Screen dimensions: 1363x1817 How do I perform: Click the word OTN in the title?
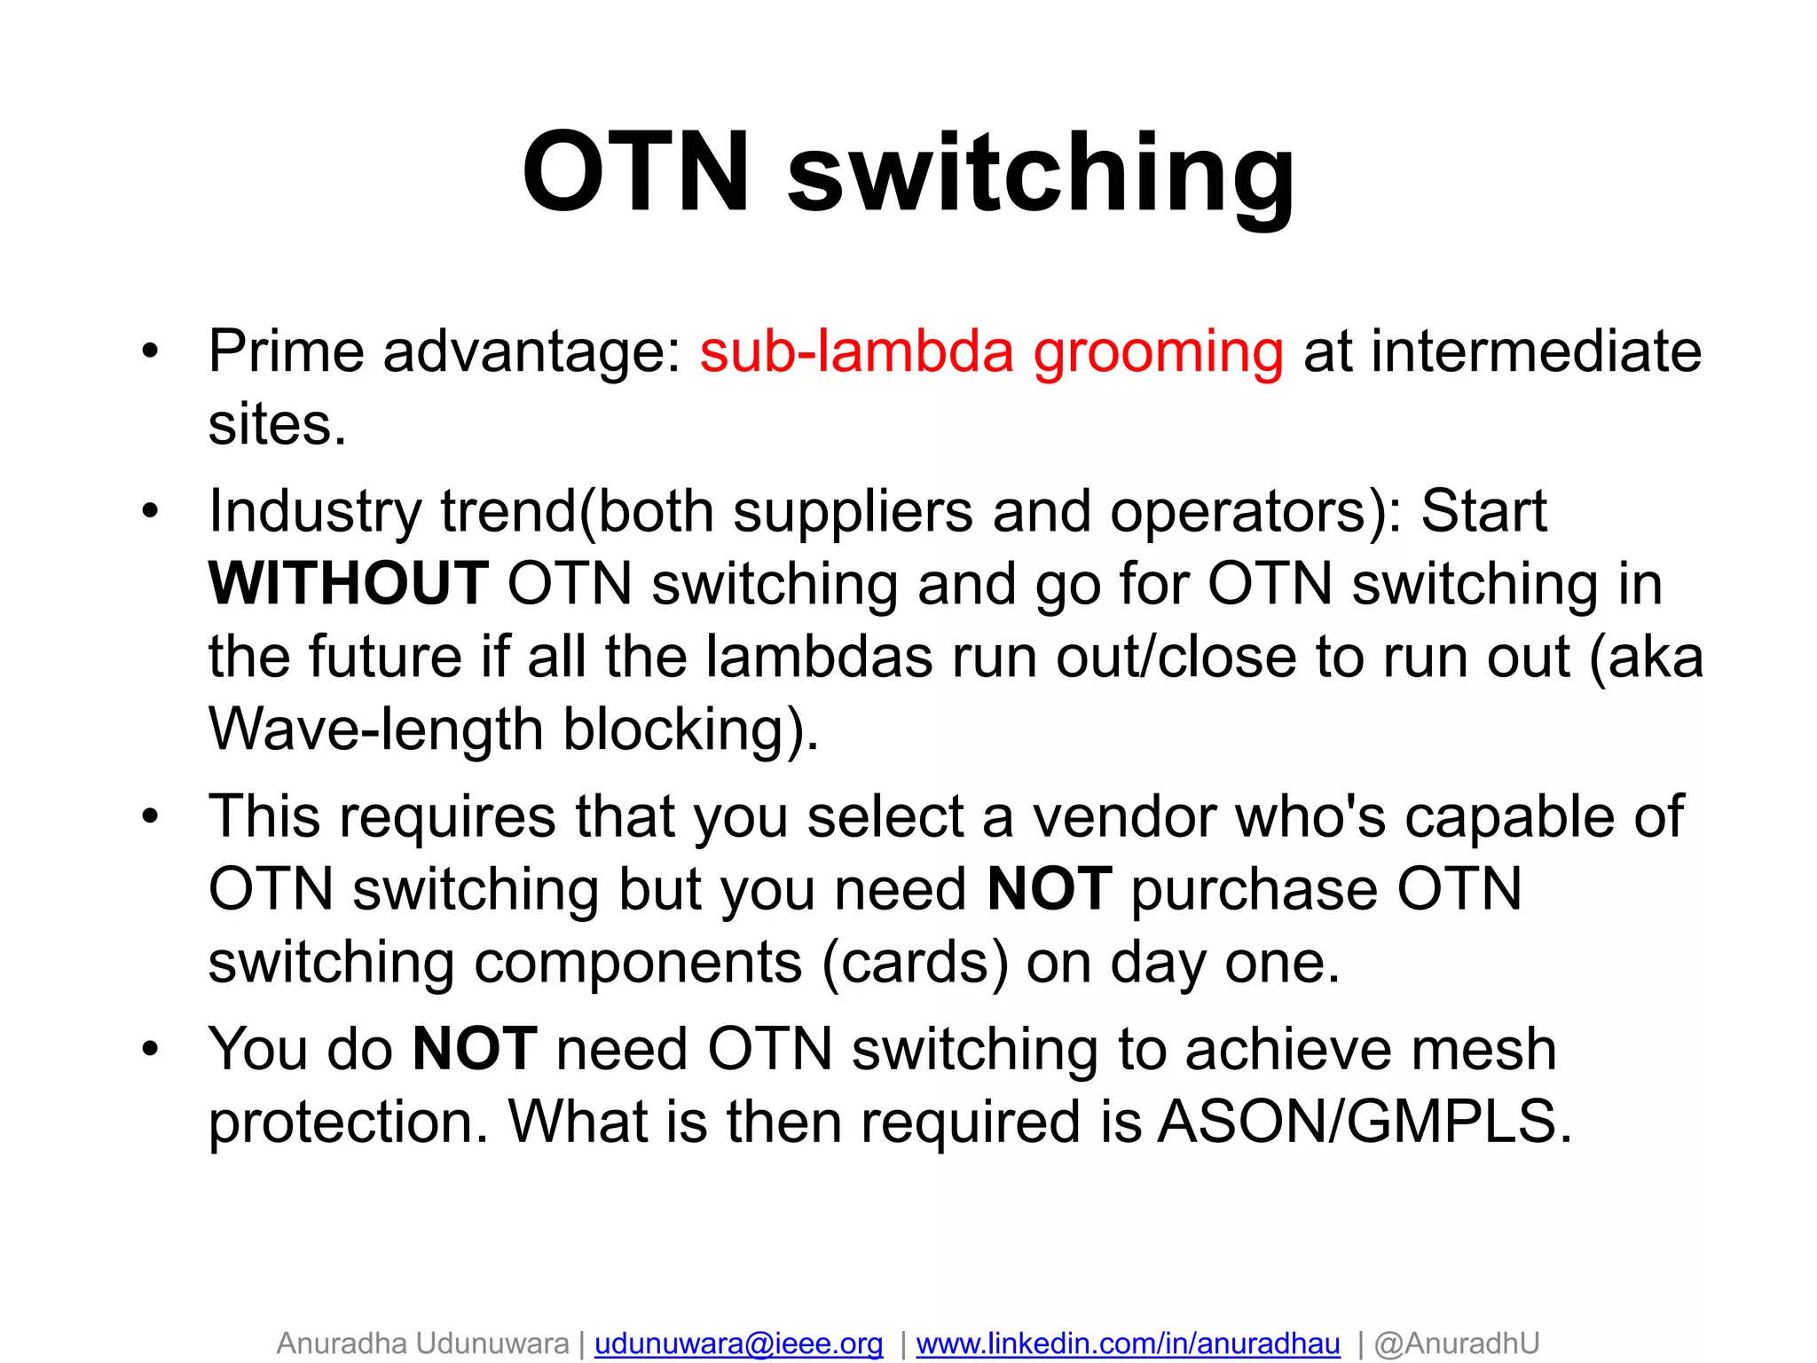[635, 172]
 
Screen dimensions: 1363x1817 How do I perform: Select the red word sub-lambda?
[856, 351]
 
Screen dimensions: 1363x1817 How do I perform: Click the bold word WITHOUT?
[348, 584]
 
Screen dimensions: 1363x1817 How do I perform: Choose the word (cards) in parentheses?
[915, 963]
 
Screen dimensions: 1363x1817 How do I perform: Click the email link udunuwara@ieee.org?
[738, 1343]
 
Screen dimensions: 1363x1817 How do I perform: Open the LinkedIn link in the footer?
[1128, 1343]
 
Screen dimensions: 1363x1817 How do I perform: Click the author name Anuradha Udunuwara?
[422, 1343]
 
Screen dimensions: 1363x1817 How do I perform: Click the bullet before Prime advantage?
[150, 351]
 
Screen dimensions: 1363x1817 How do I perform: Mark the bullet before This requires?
[150, 816]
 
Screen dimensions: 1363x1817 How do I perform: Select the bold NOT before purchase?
[1049, 889]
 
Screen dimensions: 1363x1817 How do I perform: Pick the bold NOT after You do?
[475, 1049]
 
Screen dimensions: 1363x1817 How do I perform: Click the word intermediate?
[1536, 351]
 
